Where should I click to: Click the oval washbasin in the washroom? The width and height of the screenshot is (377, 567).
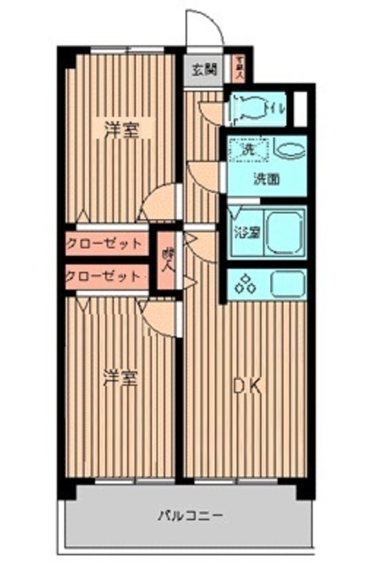(x=289, y=150)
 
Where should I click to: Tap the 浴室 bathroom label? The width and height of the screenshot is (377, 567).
(x=246, y=234)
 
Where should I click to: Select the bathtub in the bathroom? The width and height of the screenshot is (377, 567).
(x=284, y=232)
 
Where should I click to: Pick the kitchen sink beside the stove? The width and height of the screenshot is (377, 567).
(x=288, y=283)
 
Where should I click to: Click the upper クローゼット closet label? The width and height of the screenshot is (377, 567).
(x=104, y=243)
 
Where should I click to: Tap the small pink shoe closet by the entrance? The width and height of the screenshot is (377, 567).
(x=238, y=66)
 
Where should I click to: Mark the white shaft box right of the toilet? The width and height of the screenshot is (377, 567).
(x=301, y=107)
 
